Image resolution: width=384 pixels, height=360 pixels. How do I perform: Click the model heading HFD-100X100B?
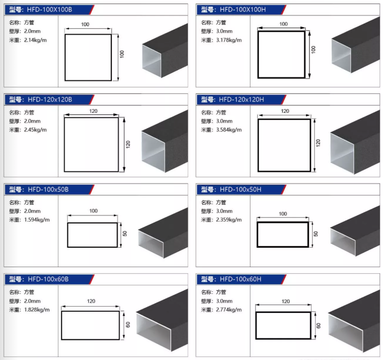49,10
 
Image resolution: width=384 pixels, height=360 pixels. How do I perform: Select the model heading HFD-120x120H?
241,99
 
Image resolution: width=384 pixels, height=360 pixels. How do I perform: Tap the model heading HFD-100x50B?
48,190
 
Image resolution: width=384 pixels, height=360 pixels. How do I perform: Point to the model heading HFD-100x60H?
240,279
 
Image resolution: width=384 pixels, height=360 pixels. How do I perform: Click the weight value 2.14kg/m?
35,40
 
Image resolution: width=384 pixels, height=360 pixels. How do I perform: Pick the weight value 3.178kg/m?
229,40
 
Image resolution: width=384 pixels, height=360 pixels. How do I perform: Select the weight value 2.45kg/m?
35,130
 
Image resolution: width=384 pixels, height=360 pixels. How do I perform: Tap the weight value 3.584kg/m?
229,130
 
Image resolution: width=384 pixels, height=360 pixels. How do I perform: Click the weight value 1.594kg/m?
37,220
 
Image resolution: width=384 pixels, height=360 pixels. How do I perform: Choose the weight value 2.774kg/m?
229,310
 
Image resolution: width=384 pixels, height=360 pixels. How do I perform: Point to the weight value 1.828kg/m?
37,310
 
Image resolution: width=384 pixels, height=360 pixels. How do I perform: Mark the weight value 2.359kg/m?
229,220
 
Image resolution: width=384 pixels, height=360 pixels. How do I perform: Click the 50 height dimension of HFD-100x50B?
125,233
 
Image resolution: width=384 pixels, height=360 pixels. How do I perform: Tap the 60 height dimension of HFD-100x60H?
318,326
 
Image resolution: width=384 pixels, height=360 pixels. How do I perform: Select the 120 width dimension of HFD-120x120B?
93,111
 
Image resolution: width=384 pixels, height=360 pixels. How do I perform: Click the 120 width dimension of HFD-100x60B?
91,301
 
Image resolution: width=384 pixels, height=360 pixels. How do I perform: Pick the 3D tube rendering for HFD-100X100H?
356,45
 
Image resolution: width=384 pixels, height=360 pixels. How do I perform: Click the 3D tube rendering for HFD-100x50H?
355,231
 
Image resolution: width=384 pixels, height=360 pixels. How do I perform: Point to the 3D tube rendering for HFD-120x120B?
165,142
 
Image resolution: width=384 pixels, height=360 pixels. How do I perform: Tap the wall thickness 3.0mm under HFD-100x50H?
224,211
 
